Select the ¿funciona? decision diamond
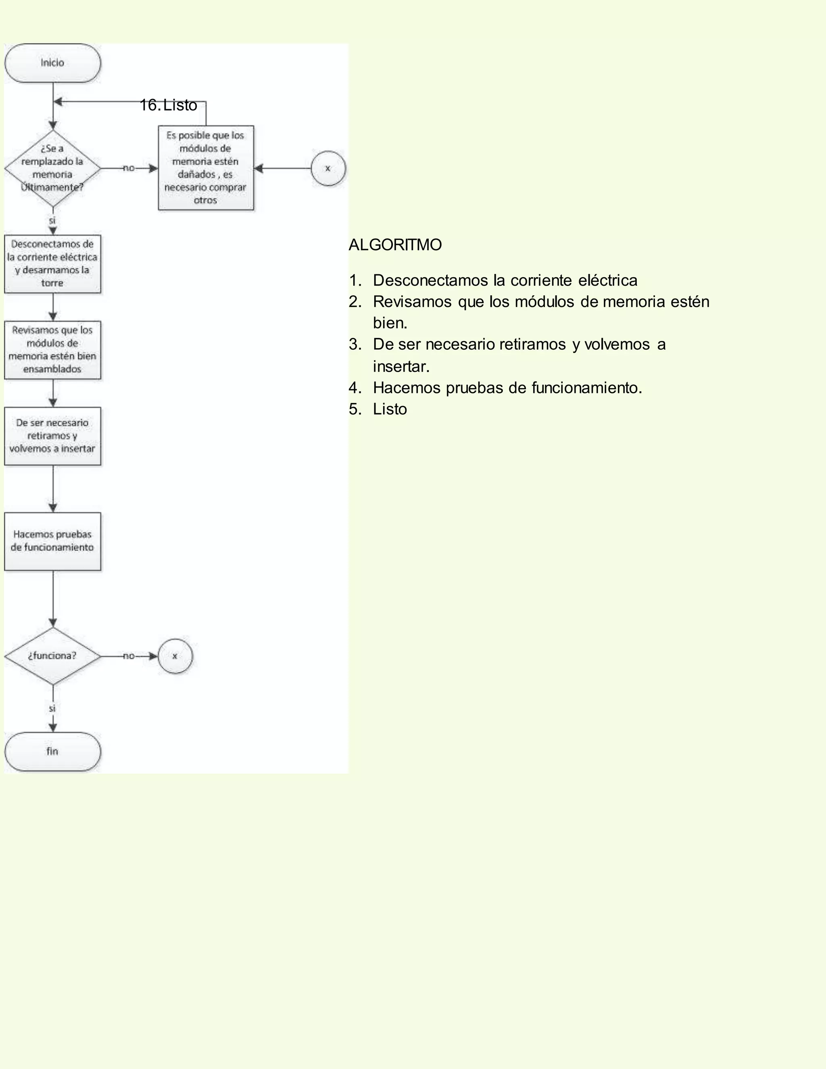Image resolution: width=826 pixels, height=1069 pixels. (52, 656)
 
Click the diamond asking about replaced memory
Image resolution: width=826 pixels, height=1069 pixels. (52, 168)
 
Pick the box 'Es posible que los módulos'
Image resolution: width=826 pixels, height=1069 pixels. (206, 168)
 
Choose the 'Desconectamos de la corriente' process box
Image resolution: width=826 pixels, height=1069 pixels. (52, 264)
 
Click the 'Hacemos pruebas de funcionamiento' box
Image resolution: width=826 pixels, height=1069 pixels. (52, 541)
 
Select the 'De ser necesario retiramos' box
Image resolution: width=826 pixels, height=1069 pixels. (52, 436)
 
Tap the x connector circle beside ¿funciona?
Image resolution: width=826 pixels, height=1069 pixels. (175, 656)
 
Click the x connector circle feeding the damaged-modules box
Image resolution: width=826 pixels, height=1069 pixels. (328, 168)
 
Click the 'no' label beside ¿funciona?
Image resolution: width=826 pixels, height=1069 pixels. (129, 656)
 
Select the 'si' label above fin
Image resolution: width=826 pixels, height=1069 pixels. (52, 709)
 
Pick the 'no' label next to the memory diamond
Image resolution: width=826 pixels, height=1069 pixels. (129, 168)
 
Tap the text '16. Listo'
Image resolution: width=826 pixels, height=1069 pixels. (168, 105)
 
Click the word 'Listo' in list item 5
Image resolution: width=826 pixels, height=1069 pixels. (390, 409)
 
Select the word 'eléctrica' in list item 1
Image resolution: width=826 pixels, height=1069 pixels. (608, 280)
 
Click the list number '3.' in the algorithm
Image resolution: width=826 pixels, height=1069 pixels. (355, 345)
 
